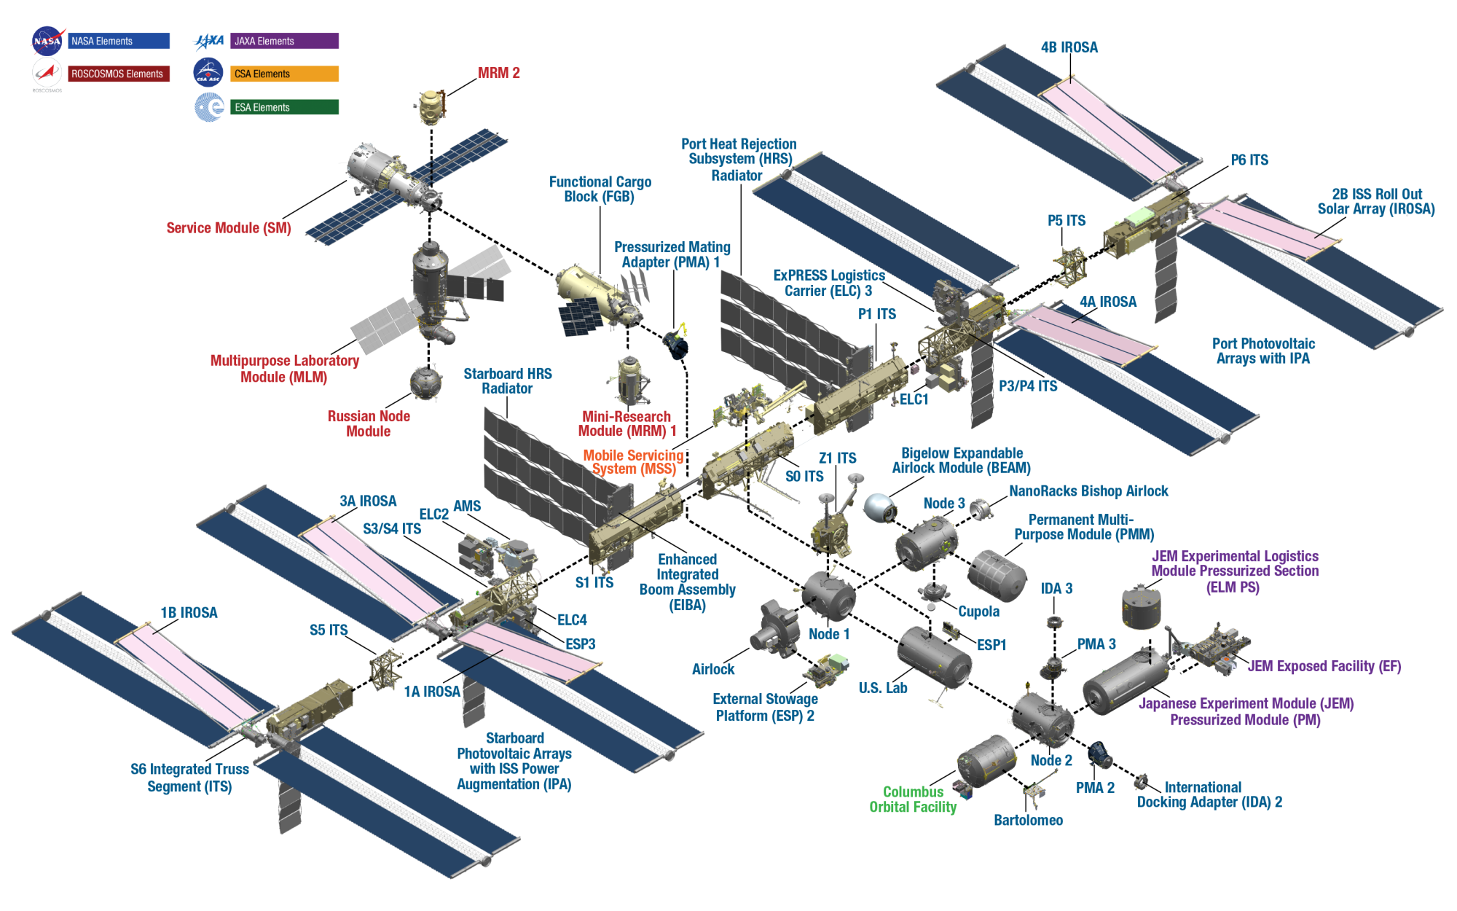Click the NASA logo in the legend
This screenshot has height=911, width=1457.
pos(47,41)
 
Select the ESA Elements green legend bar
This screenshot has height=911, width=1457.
pos(285,107)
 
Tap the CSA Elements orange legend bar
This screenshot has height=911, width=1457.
pos(285,74)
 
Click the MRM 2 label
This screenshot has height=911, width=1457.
pos(498,73)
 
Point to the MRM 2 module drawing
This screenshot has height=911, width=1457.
pos(431,107)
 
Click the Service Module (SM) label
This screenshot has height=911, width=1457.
pos(229,228)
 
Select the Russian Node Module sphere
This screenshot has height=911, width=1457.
pos(425,383)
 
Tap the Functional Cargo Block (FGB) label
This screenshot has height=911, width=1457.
pos(600,189)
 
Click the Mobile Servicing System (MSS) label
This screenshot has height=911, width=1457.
pos(633,462)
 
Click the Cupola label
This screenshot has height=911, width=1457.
pos(978,611)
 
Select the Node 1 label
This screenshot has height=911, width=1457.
pos(829,634)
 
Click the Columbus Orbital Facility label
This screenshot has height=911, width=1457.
pos(913,799)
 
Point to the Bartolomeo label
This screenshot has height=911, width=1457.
pos(1028,821)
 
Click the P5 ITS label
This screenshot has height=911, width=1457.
pos(1067,221)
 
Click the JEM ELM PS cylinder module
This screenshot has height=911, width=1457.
pos(1141,606)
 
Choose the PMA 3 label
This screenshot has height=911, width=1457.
pos(1096,644)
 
